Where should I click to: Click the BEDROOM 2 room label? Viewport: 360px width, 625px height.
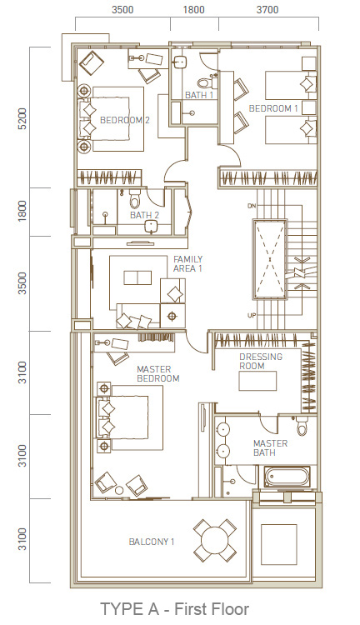tap(124, 120)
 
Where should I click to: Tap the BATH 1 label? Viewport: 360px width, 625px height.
tap(199, 95)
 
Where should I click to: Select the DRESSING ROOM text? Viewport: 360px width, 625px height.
tap(261, 361)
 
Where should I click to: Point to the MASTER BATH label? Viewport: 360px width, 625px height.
tap(270, 447)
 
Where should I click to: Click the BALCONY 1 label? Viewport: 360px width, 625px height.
tap(152, 542)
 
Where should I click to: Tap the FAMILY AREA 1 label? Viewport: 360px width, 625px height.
tap(187, 264)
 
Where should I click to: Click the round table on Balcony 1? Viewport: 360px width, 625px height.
tap(215, 541)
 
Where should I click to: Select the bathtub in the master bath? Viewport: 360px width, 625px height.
tap(287, 477)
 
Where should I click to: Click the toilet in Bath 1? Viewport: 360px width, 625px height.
tap(204, 82)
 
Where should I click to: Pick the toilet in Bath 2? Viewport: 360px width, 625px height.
tap(135, 198)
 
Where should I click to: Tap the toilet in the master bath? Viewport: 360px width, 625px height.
tap(302, 426)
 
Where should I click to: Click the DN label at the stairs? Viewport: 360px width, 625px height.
tap(251, 206)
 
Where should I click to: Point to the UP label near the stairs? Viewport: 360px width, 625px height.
tap(252, 316)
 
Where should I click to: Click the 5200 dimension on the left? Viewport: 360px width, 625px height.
tap(23, 118)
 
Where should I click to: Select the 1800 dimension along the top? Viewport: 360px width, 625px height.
tap(194, 9)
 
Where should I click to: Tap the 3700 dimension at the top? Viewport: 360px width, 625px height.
tap(267, 9)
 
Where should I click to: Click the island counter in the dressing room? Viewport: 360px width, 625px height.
tap(257, 381)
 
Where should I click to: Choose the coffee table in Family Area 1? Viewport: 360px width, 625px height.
tap(137, 277)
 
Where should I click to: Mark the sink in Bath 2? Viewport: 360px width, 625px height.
tap(152, 226)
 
